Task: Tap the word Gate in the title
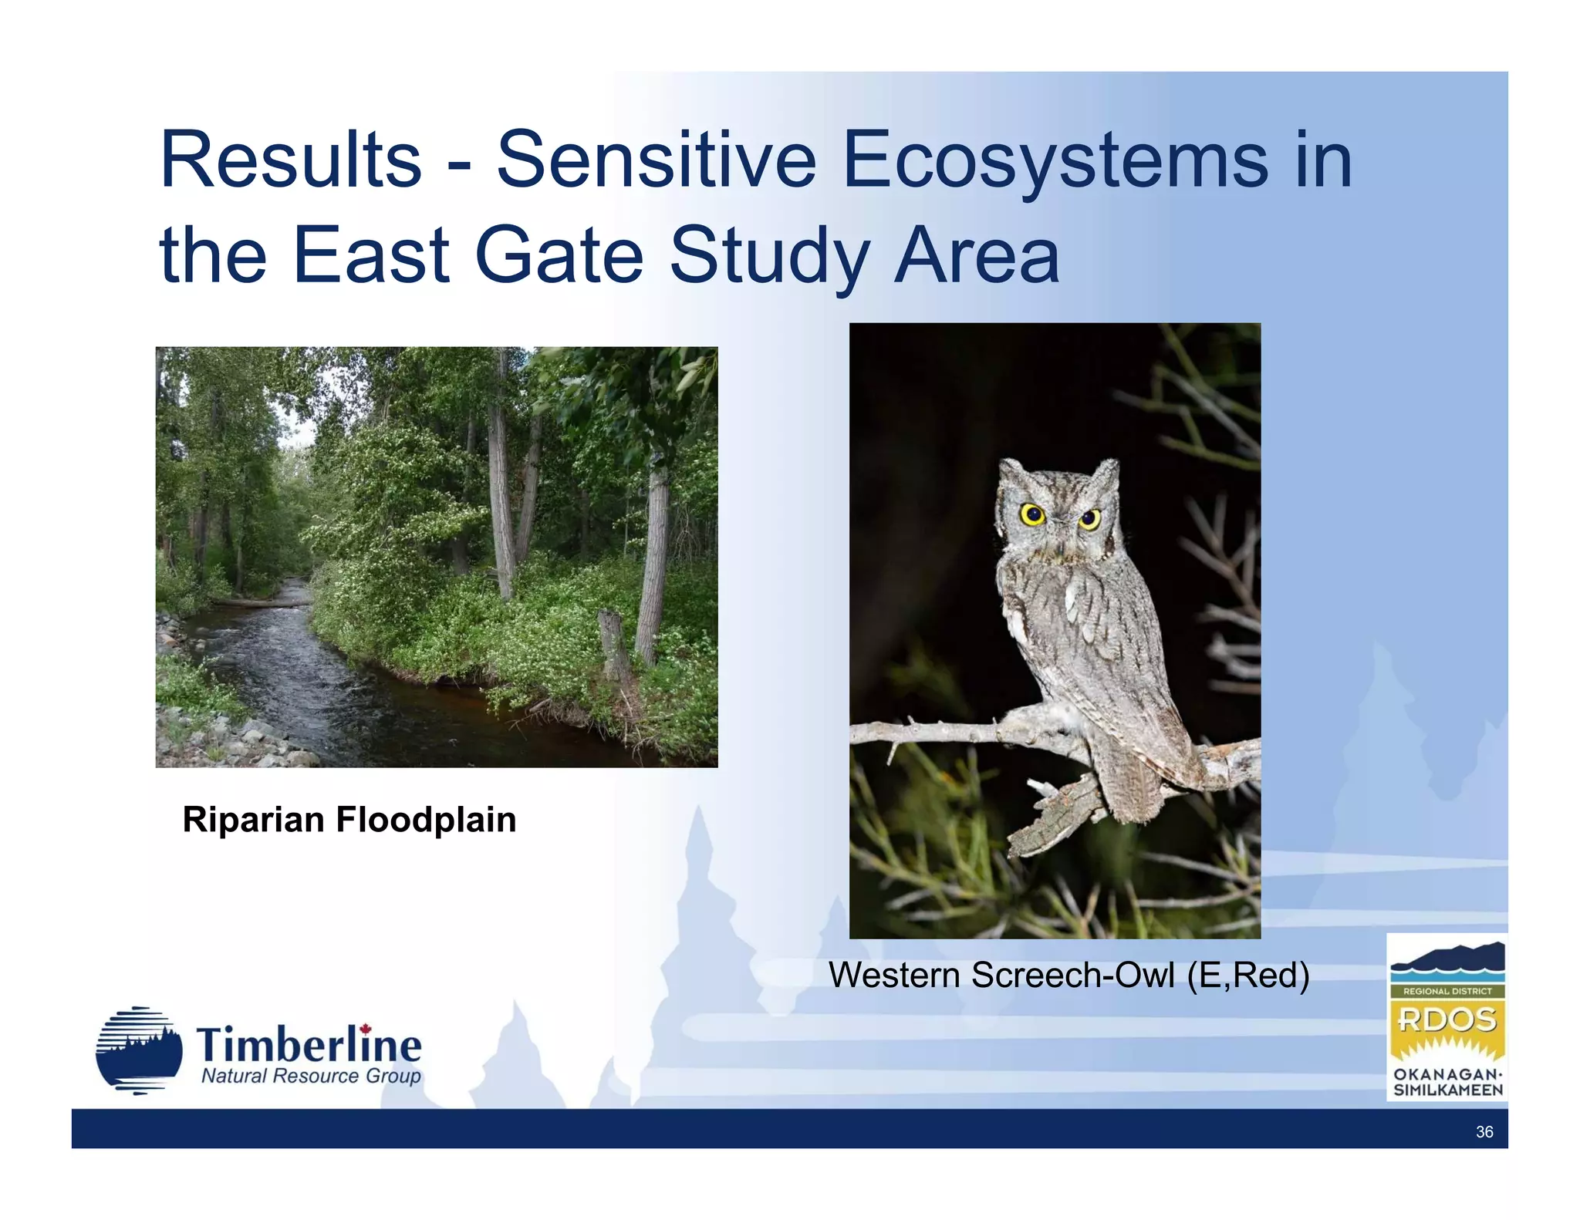(x=559, y=255)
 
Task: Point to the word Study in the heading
(x=768, y=255)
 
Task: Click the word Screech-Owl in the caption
(x=1072, y=976)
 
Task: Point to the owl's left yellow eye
(x=1032, y=514)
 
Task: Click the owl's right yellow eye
(x=1089, y=519)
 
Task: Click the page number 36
(x=1484, y=1132)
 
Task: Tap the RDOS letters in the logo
(x=1447, y=1019)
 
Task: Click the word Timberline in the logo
(x=309, y=1046)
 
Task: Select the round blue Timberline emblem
(x=139, y=1050)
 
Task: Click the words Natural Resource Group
(x=311, y=1077)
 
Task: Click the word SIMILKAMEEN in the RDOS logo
(x=1447, y=1090)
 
